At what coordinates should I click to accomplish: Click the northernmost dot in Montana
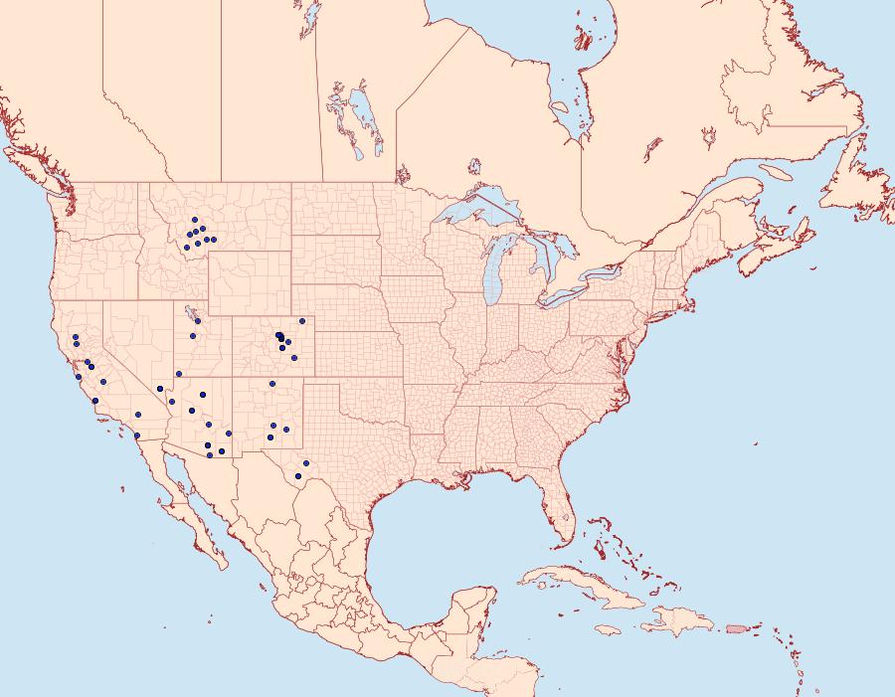pyautogui.click(x=195, y=220)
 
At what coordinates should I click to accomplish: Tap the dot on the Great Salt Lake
pyautogui.click(x=198, y=321)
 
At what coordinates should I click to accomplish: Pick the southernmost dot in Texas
pyautogui.click(x=297, y=476)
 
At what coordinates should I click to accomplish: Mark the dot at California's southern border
pyautogui.click(x=136, y=436)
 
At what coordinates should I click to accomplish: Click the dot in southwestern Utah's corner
pyautogui.click(x=179, y=374)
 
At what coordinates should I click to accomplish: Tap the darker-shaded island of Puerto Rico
pyautogui.click(x=735, y=627)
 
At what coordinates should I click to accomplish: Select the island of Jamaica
pyautogui.click(x=609, y=629)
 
